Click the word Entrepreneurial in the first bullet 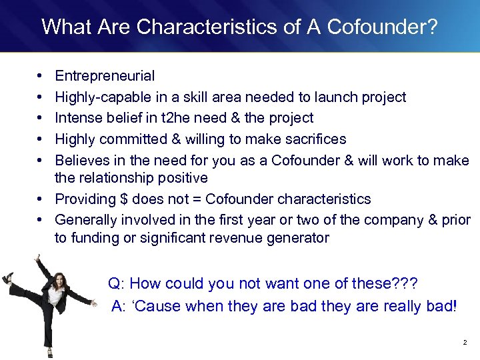(x=105, y=76)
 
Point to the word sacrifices (x=311, y=139)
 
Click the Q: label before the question (x=116, y=283)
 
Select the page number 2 (x=465, y=342)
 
